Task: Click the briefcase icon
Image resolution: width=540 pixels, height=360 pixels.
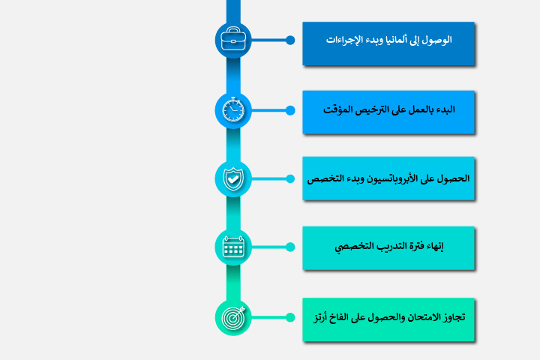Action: click(233, 40)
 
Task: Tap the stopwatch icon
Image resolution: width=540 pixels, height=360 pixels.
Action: click(233, 110)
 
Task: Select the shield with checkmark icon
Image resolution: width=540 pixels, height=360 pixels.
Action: click(233, 178)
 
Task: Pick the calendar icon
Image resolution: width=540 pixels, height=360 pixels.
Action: click(233, 247)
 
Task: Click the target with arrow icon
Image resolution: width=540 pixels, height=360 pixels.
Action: click(233, 317)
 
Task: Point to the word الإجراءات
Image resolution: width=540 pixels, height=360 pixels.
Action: click(343, 39)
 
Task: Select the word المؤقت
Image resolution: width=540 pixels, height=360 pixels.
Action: click(338, 109)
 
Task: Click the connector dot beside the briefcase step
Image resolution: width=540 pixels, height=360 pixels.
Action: click(290, 40)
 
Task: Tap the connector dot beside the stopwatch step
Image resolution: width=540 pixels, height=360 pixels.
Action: click(290, 110)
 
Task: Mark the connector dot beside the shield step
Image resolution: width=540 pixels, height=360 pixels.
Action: click(290, 178)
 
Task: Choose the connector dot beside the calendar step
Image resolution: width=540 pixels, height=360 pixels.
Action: click(290, 247)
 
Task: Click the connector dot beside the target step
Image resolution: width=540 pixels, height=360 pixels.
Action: click(290, 317)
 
